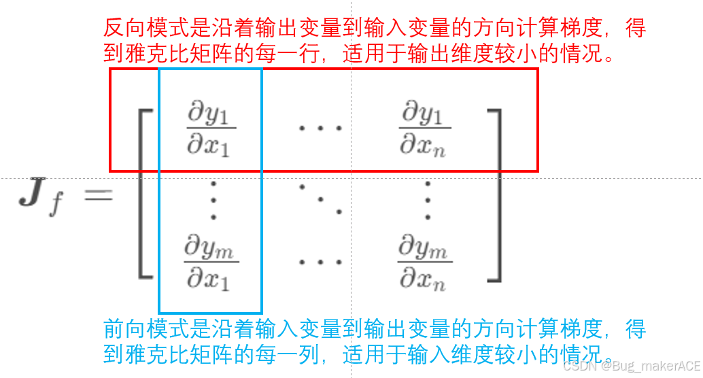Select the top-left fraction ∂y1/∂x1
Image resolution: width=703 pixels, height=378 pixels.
pyautogui.click(x=209, y=128)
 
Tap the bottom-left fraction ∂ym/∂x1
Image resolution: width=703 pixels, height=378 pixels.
pyautogui.click(x=209, y=264)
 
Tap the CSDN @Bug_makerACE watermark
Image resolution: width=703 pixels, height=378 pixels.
pyautogui.click(x=632, y=366)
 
